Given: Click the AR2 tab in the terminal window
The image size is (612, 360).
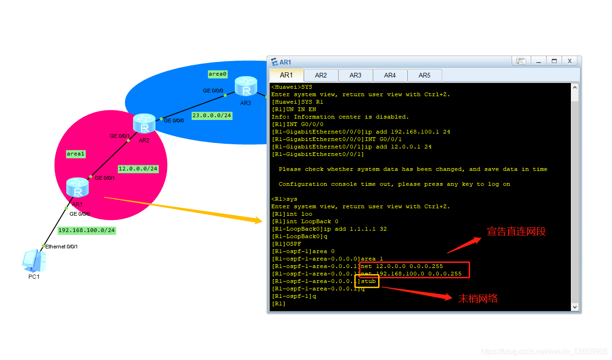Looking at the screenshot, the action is (x=321, y=75).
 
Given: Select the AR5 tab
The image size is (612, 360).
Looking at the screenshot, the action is (x=424, y=75).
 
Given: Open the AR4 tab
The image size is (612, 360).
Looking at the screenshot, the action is (x=390, y=75).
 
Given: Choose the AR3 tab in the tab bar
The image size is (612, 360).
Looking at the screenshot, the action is (x=355, y=75).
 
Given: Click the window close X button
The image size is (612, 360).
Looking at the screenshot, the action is (x=570, y=61).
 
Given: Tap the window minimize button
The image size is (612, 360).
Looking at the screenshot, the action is (x=538, y=61).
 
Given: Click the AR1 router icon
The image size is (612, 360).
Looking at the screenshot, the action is (x=77, y=188).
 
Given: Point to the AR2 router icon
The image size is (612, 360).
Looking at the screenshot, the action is (x=144, y=123).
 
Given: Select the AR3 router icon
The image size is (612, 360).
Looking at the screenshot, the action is (x=246, y=86).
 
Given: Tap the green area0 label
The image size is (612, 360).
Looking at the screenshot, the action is (x=218, y=74).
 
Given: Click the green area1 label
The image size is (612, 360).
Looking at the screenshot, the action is (x=76, y=154).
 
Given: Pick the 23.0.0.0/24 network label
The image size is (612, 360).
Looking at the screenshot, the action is (x=211, y=115).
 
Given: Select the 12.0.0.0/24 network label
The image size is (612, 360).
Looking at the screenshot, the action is (x=138, y=169).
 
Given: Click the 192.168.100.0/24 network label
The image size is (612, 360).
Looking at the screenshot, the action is (x=86, y=230).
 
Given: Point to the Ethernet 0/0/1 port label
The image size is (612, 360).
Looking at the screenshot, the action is (x=61, y=246).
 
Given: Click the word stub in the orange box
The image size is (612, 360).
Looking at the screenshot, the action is (x=368, y=281).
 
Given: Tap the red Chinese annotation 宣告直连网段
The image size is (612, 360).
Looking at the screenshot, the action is (x=516, y=231).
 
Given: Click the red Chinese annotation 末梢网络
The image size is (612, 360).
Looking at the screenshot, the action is (x=478, y=299).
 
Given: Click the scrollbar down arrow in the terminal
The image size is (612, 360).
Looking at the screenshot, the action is (x=575, y=307).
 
